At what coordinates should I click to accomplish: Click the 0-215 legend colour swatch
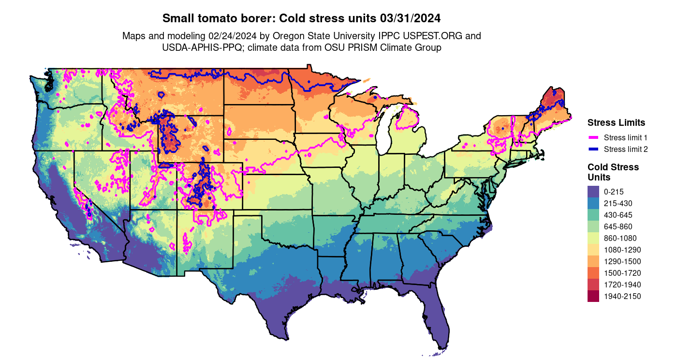(x=593, y=192)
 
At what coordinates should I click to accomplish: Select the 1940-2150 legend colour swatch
(x=593, y=296)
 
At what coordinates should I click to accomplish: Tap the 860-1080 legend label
(x=620, y=238)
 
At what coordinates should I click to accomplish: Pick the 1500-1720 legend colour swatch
(x=593, y=273)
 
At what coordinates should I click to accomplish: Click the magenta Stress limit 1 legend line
(x=593, y=137)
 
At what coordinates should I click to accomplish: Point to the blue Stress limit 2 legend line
(x=593, y=149)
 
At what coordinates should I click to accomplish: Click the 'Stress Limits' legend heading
(x=616, y=122)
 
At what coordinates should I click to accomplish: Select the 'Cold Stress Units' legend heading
(x=613, y=172)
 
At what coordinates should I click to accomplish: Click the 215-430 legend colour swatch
(x=593, y=203)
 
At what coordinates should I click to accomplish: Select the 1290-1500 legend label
(x=622, y=261)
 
